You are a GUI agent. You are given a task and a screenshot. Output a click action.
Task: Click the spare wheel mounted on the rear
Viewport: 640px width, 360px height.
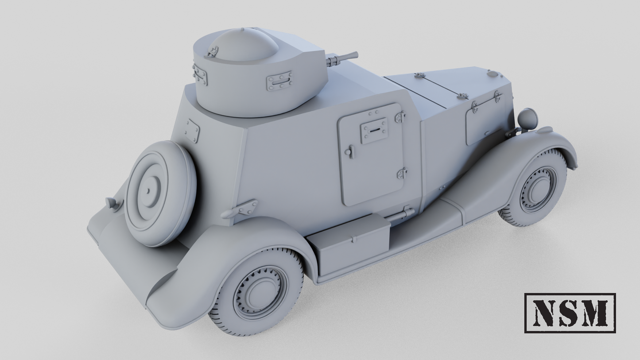(160, 193)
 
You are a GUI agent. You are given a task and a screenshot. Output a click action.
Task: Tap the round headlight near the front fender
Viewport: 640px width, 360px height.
(528, 119)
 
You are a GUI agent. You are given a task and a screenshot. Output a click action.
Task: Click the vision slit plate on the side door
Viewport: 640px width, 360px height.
(374, 130)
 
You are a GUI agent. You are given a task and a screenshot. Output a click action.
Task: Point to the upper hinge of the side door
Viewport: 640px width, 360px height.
(400, 117)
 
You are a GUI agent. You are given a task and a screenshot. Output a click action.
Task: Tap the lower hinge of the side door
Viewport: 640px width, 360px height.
(402, 173)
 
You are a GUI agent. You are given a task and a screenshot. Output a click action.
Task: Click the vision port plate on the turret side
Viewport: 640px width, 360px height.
(279, 81)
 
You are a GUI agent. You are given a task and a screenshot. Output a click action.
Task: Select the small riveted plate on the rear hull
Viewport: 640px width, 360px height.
(192, 131)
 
